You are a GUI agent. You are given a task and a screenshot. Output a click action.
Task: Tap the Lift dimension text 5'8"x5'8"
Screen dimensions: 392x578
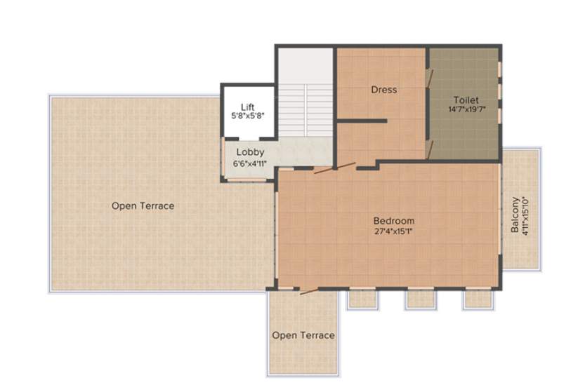pyautogui.click(x=247, y=115)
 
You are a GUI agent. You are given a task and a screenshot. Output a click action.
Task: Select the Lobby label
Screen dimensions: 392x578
pyautogui.click(x=250, y=152)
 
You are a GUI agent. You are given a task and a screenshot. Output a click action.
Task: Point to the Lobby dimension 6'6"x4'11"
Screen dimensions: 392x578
pyautogui.click(x=250, y=163)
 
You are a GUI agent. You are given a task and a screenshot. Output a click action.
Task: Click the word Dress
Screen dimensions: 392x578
pyautogui.click(x=384, y=90)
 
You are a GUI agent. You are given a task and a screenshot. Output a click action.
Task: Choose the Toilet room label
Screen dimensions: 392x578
pyautogui.click(x=466, y=100)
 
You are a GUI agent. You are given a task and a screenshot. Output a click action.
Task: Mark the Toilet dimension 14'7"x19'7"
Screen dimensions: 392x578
pyautogui.click(x=466, y=109)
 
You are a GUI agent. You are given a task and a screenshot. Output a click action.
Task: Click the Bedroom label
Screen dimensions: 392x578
pyautogui.click(x=393, y=221)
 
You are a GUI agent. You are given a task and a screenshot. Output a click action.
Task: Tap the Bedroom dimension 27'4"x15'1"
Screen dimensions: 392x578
pyautogui.click(x=393, y=231)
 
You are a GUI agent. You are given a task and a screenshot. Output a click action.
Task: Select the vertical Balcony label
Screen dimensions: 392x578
pyautogui.click(x=515, y=215)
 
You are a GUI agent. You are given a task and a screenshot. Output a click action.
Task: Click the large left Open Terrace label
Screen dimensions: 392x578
pyautogui.click(x=143, y=205)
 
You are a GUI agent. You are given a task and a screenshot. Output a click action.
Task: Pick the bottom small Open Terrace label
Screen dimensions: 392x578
pyautogui.click(x=303, y=335)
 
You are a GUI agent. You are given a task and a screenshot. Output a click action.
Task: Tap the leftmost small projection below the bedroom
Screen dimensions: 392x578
pyautogui.click(x=362, y=298)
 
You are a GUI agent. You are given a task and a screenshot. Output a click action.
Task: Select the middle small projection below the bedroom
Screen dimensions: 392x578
pyautogui.click(x=419, y=298)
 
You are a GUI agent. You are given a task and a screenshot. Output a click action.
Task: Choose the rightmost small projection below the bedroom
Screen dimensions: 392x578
pyautogui.click(x=475, y=298)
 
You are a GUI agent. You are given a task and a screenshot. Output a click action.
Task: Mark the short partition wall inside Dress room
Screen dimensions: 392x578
pyautogui.click(x=362, y=121)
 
